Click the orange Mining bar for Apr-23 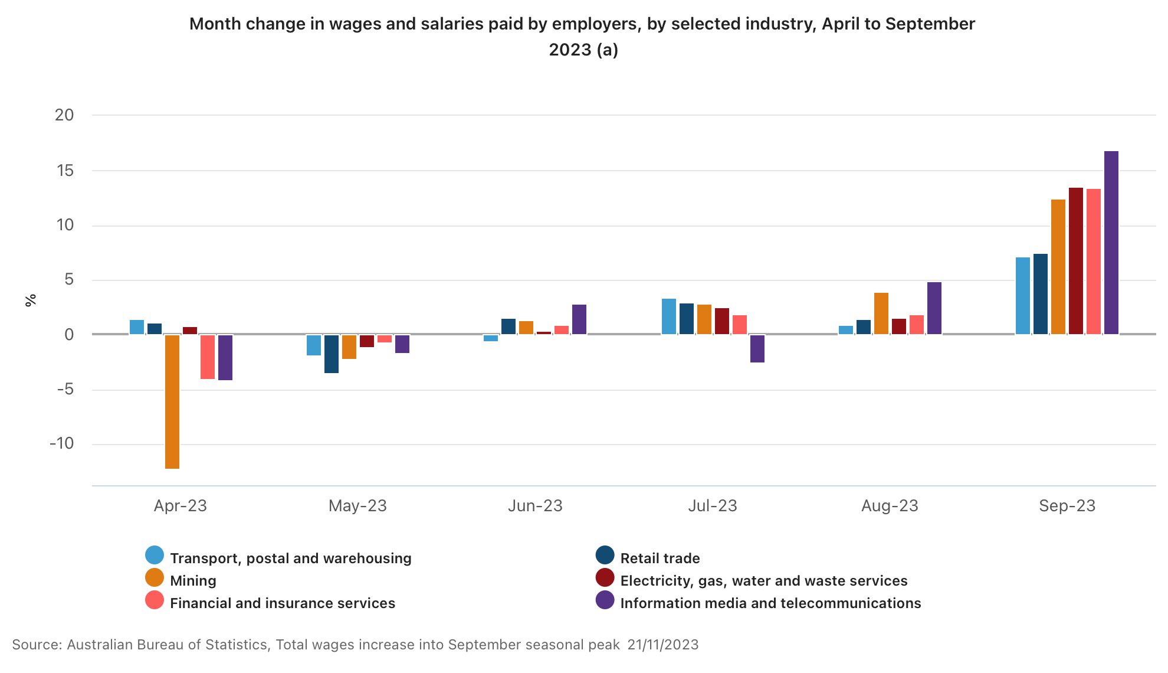tap(172, 401)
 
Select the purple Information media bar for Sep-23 tap(1111, 243)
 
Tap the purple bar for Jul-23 tap(757, 348)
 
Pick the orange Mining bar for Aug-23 tap(881, 313)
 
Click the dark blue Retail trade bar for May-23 tap(332, 354)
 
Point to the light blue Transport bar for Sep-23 tap(1023, 296)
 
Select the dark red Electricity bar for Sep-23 tap(1076, 261)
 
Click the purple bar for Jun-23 tap(579, 319)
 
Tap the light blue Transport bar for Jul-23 tap(669, 316)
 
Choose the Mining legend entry tap(193, 580)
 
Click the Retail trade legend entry tap(660, 558)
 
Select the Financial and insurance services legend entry tap(282, 603)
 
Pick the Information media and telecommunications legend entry tap(770, 603)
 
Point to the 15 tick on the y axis tap(65, 171)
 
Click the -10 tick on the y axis tap(62, 443)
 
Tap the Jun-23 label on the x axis tap(535, 506)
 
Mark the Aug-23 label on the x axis tap(890, 506)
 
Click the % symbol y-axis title tap(31, 300)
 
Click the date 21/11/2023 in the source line tap(662, 645)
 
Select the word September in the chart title tap(930, 24)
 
